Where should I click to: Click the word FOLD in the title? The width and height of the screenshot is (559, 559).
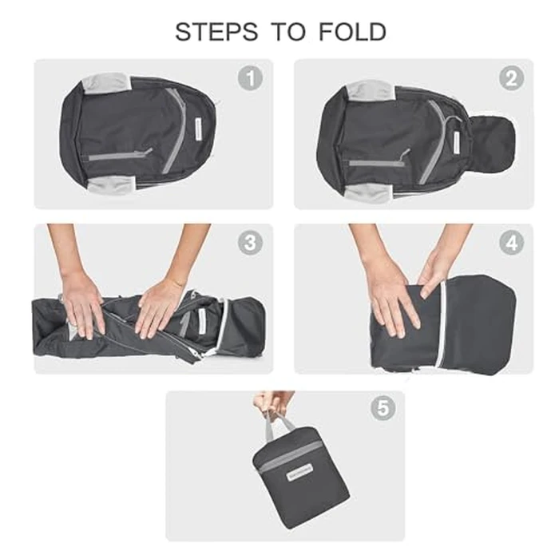pyautogui.click(x=352, y=32)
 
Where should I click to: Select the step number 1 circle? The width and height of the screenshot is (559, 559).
pyautogui.click(x=250, y=78)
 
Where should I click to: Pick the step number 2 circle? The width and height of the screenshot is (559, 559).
pyautogui.click(x=511, y=78)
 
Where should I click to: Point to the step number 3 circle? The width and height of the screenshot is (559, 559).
pyautogui.click(x=250, y=243)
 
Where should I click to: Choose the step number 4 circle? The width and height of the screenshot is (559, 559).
pyautogui.click(x=511, y=243)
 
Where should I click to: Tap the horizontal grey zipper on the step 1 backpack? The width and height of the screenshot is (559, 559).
pyautogui.click(x=118, y=155)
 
